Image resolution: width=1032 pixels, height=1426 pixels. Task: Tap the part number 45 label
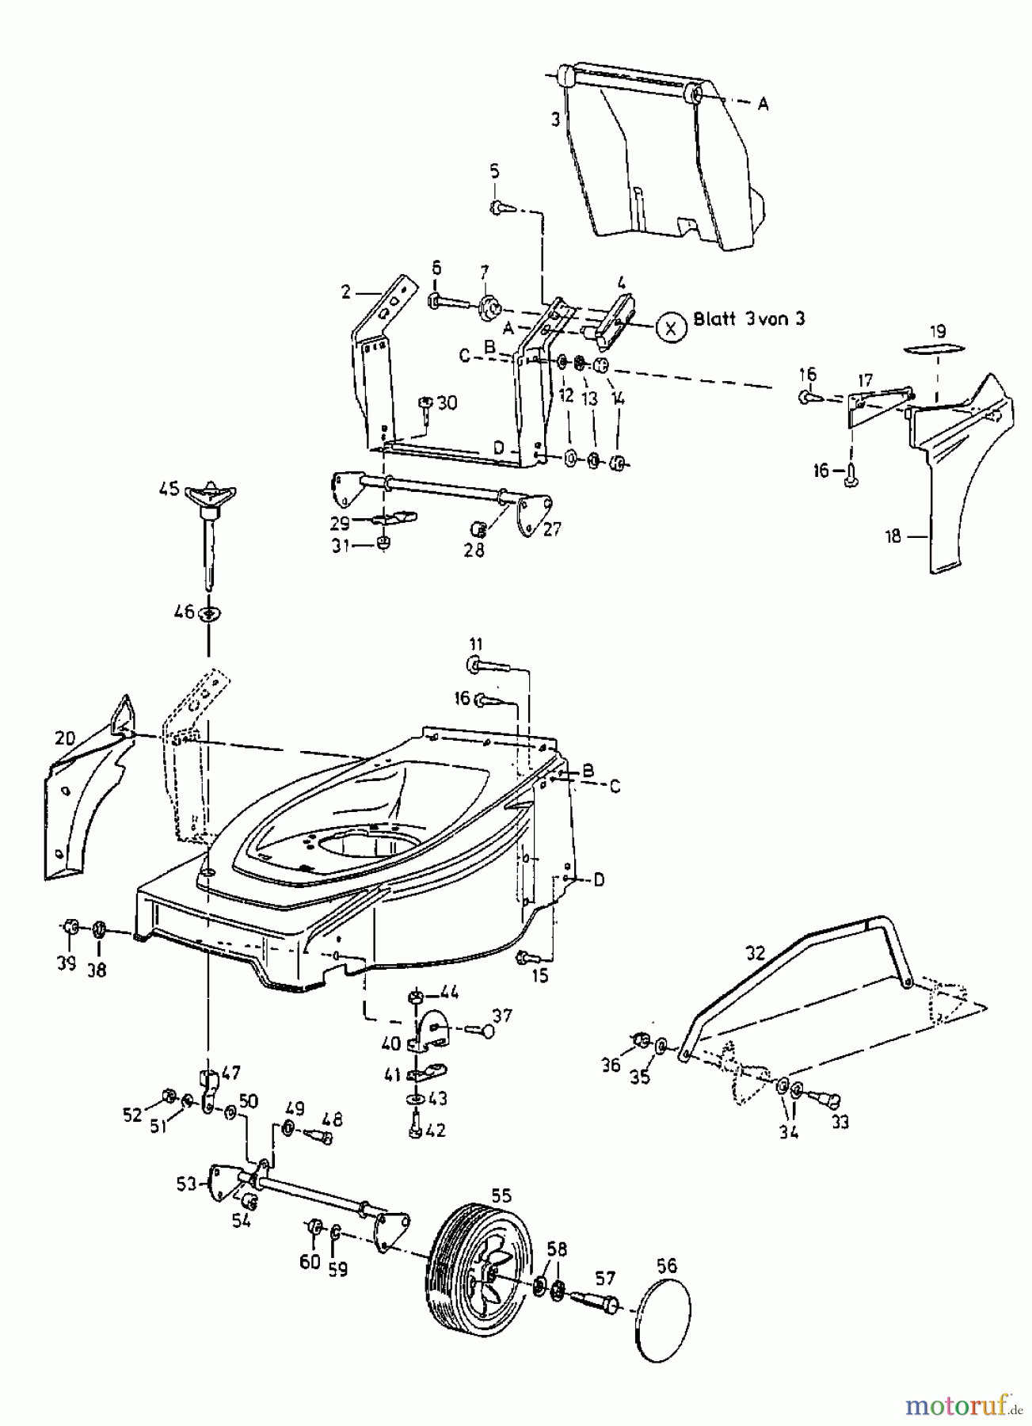tap(169, 489)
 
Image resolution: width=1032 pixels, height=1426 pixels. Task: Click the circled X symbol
tap(671, 327)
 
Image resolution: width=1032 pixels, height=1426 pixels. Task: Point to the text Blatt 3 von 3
tap(748, 319)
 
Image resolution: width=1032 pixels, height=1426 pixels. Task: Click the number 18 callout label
tap(893, 536)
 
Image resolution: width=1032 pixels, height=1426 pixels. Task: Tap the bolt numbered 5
tap(500, 208)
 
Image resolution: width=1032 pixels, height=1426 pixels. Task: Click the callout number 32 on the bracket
tap(756, 953)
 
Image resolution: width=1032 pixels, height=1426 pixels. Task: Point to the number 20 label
tap(65, 738)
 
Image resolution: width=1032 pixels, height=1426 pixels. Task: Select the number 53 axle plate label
tap(187, 1184)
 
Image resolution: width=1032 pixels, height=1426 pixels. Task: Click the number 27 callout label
tap(552, 528)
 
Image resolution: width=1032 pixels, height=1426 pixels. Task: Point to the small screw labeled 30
tap(426, 407)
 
